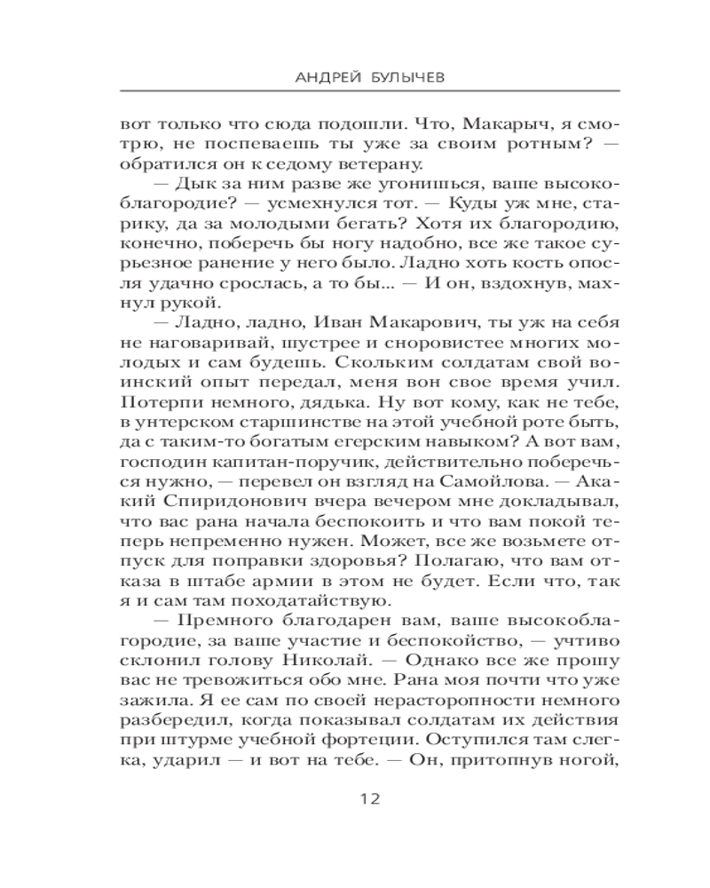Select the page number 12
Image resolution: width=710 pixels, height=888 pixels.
(370, 798)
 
